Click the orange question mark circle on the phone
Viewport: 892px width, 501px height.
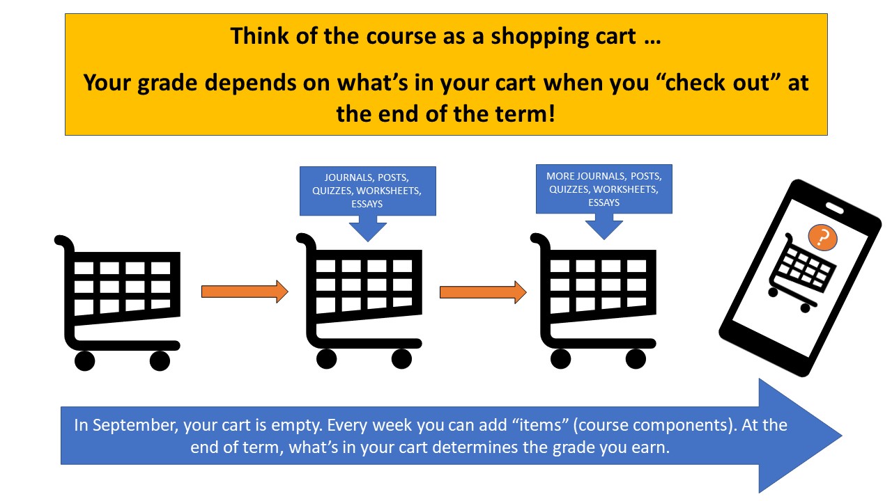coord(823,238)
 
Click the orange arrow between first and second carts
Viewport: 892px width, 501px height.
coord(245,292)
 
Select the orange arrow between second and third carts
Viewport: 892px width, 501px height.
coord(482,292)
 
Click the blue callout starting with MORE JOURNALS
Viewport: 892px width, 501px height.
coord(603,189)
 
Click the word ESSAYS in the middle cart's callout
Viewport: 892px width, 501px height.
coord(367,205)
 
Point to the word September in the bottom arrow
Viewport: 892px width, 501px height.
coord(126,424)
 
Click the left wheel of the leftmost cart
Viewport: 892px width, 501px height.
coord(84,360)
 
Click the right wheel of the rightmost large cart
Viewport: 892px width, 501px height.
coord(635,359)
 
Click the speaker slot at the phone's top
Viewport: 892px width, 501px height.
coord(834,207)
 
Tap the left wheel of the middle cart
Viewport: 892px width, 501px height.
coord(326,359)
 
